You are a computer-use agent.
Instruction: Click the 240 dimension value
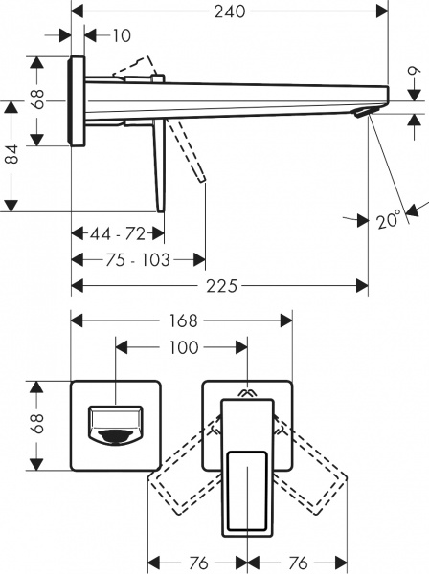(230, 11)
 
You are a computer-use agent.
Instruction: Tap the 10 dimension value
(121, 36)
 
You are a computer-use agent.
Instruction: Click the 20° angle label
(388, 221)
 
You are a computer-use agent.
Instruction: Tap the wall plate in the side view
(78, 100)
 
